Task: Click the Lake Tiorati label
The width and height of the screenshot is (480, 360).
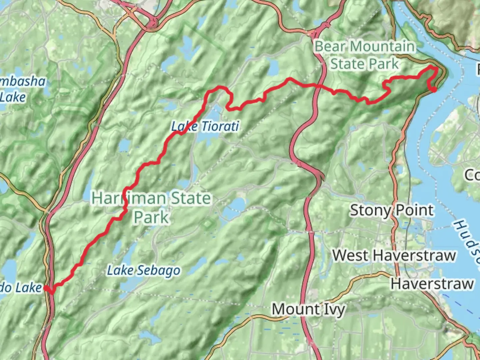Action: coord(205,127)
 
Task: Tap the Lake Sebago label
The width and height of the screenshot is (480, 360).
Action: coord(143,271)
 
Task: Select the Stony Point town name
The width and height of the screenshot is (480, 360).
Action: coord(391,210)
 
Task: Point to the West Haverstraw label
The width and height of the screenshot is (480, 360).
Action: coord(394,255)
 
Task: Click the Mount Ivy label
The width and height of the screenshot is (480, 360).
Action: coord(308,309)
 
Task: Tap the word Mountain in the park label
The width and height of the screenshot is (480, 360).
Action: coord(382,47)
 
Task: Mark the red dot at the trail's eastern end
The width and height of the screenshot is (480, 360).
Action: coord(434,89)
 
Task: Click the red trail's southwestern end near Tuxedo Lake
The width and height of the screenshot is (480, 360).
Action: coord(51,292)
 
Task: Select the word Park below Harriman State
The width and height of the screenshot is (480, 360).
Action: coord(151,217)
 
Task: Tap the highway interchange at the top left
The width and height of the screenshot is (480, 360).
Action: coord(153,23)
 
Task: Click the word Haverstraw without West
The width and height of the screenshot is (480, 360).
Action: coord(432,284)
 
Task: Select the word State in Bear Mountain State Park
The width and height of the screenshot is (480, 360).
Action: coord(347,64)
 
